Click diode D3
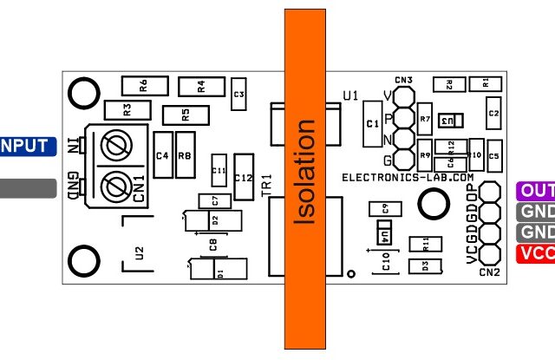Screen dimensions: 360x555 point(425,266)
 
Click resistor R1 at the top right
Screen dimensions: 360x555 point(485,83)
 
